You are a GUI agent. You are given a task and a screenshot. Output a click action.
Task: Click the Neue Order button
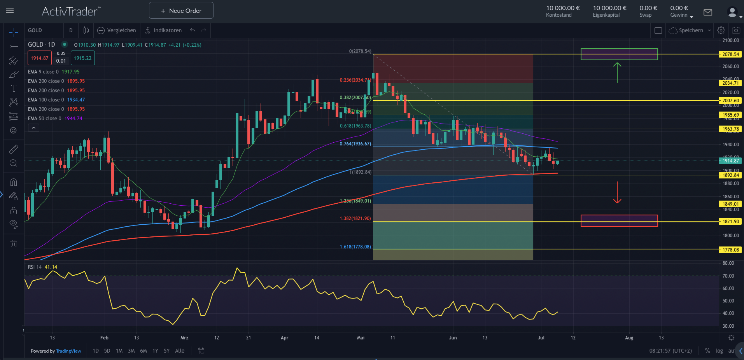[181, 10]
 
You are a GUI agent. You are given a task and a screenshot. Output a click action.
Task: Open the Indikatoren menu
[163, 30]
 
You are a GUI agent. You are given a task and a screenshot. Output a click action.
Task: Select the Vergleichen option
[117, 30]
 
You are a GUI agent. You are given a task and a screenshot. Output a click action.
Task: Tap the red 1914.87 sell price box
[40, 58]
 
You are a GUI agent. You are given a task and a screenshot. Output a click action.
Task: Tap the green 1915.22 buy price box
[82, 58]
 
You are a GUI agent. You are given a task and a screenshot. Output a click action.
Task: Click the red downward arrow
[617, 193]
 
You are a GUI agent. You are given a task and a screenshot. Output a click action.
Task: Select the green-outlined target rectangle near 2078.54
[619, 54]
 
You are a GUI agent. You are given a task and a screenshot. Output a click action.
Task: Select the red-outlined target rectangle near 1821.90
[619, 221]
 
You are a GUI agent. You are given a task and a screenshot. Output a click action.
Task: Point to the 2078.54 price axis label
[730, 54]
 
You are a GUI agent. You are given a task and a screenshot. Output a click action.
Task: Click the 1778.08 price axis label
[730, 250]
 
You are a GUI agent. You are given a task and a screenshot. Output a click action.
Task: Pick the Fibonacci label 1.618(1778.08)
[355, 247]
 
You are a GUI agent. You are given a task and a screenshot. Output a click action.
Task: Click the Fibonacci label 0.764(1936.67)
[355, 144]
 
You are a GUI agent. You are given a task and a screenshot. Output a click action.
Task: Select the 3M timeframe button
[131, 351]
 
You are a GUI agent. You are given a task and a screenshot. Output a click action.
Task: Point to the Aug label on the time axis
[629, 338]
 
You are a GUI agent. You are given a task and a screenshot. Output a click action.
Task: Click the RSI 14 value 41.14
[51, 267]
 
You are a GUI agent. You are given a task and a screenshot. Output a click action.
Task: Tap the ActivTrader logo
[71, 11]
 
